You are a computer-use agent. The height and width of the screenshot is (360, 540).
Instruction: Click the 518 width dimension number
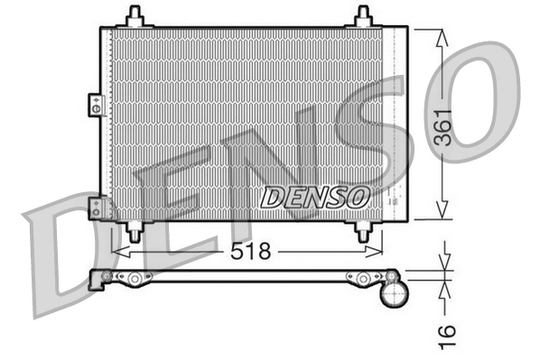250,252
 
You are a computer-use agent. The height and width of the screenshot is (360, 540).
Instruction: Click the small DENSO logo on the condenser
313,195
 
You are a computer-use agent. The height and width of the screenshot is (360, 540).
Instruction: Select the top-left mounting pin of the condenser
135,16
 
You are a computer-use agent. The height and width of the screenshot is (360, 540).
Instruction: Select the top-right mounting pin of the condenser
363,16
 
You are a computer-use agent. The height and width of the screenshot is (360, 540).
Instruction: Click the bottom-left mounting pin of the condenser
135,231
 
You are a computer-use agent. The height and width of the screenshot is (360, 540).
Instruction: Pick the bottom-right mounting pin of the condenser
363,231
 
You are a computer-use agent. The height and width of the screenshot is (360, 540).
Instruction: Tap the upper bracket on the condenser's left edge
93,105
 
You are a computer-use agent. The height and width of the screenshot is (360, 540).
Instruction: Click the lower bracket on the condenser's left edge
94,208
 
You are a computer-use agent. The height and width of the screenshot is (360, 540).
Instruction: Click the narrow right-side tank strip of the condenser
398,123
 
